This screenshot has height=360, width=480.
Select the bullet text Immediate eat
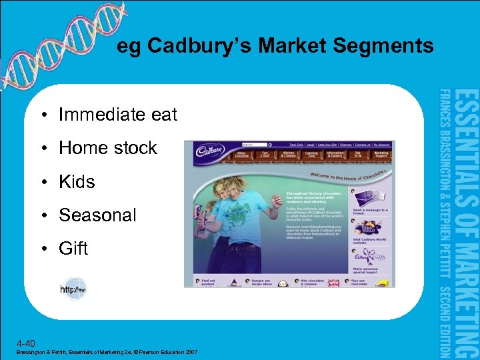pyautogui.click(x=117, y=115)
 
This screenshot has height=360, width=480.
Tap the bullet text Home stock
pyautogui.click(x=107, y=148)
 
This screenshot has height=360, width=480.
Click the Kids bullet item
pyautogui.click(x=77, y=181)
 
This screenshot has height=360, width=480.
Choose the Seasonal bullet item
pyautogui.click(x=97, y=215)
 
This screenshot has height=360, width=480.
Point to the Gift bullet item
pyautogui.click(x=73, y=249)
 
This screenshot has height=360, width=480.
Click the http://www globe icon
pyautogui.click(x=73, y=289)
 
